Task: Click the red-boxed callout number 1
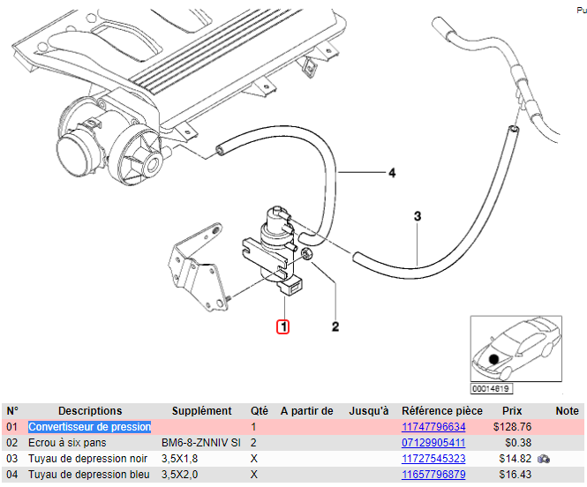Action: (282, 326)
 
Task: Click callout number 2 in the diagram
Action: (335, 327)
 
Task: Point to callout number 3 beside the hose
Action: (418, 215)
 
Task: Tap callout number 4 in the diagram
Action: (392, 173)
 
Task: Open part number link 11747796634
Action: (433, 427)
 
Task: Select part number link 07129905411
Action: (433, 443)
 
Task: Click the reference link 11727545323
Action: (433, 459)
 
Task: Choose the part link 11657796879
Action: (433, 475)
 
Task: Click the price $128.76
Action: (511, 427)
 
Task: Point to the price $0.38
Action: (517, 443)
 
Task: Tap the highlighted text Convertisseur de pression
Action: (89, 427)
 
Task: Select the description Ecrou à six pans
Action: (69, 443)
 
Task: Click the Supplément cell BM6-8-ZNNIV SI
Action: (201, 443)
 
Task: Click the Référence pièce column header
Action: (442, 411)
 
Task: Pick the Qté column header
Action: (260, 411)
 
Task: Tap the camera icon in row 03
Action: (545, 459)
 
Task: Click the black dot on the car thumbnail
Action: (493, 359)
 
